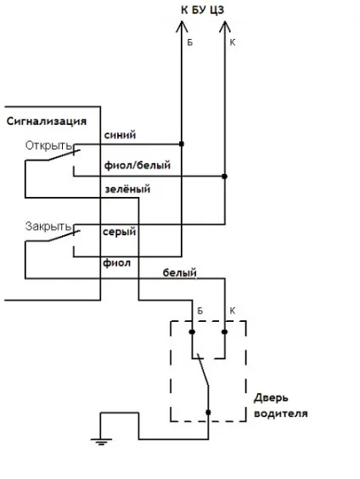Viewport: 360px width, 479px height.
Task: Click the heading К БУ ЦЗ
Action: pos(202,10)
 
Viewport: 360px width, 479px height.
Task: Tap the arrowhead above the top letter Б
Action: pos(182,26)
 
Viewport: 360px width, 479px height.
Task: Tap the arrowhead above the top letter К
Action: pos(225,26)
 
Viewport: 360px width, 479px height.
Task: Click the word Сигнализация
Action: pos(47,121)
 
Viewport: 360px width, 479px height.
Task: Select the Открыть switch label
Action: pos(48,145)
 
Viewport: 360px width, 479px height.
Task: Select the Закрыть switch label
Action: pos(48,227)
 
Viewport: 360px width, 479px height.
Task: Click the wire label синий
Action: pos(120,135)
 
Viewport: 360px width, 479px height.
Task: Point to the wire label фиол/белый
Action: pos(138,166)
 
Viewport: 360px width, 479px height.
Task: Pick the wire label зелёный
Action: pos(127,189)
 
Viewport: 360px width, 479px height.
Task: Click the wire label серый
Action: pos(120,232)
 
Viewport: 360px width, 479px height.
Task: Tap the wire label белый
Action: pos(179,273)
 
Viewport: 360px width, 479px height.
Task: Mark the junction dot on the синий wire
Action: pos(182,144)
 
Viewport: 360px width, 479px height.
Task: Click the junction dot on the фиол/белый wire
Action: pos(225,177)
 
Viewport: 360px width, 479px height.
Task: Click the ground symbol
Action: pos(101,442)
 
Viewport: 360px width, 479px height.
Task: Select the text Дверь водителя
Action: pos(280,406)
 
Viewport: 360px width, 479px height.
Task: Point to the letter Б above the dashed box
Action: pos(200,311)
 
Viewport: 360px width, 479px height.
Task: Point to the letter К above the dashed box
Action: pos(233,311)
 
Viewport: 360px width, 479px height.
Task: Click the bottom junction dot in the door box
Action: pos(208,413)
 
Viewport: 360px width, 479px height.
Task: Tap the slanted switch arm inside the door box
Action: pos(203,369)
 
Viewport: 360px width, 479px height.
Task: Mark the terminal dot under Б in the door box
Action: pos(192,332)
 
